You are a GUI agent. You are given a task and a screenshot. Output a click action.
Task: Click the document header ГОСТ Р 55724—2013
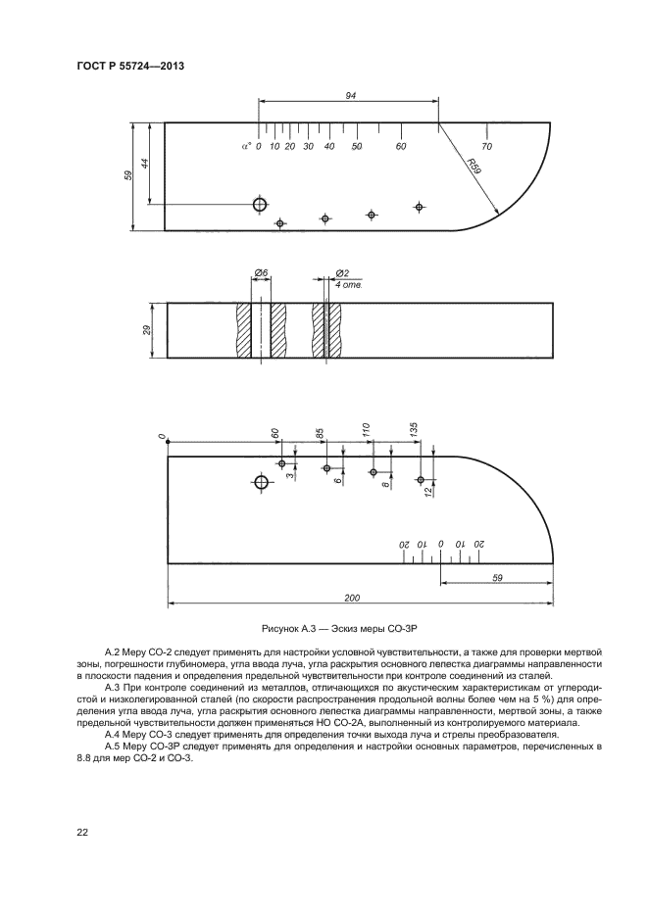[130, 67]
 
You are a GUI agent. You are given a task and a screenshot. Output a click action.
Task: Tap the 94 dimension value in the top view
[349, 95]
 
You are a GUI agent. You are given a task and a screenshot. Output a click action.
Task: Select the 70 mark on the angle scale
[486, 146]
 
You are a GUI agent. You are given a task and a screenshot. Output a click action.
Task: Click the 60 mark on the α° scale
[401, 146]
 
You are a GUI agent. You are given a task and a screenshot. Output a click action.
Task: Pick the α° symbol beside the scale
[246, 146]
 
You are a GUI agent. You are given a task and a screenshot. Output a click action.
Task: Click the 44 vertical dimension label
[145, 164]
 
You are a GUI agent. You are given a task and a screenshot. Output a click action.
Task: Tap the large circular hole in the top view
[260, 204]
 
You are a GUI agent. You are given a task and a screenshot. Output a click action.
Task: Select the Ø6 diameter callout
[261, 272]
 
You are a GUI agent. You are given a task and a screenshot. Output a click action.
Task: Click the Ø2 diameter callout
[342, 272]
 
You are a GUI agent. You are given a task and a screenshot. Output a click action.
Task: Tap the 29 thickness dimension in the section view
[146, 332]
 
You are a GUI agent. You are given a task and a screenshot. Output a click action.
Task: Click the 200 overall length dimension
[353, 598]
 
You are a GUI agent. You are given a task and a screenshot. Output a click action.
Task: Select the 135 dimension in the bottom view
[415, 429]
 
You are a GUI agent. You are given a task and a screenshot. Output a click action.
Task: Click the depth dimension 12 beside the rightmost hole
[428, 495]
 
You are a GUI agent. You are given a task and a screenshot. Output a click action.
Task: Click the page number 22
[82, 832]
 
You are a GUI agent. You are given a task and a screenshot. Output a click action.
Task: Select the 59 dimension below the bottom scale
[497, 578]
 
